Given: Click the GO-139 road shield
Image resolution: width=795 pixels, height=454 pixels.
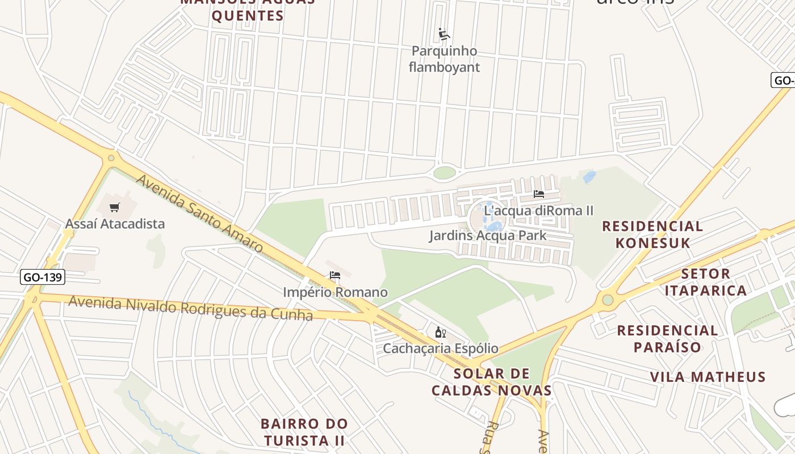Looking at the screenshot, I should tap(43, 278).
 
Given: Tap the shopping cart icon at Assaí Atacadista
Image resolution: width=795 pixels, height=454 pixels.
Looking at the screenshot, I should tap(115, 208).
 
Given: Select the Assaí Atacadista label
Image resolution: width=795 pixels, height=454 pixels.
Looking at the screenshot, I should tap(115, 224).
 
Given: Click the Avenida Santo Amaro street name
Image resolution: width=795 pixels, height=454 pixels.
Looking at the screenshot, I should tap(199, 213).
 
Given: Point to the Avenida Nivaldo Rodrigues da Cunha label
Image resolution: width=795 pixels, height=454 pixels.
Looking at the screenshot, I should tap(190, 308).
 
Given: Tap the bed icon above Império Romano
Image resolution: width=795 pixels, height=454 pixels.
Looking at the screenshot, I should tap(335, 276).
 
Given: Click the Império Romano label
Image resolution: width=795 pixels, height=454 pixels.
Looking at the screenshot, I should tap(335, 292).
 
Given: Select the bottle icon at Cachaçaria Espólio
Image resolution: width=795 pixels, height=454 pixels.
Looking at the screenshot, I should tap(440, 332).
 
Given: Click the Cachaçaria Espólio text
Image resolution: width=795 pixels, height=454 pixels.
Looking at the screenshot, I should tap(440, 348).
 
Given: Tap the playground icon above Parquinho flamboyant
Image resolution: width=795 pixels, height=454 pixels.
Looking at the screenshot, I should tap(444, 35).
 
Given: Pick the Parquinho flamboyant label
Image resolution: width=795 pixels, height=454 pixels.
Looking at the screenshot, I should tap(444, 59).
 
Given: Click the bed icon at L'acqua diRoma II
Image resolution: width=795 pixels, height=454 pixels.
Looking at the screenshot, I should tap(539, 194).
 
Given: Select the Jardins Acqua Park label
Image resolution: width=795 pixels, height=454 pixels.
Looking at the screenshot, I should tap(488, 235).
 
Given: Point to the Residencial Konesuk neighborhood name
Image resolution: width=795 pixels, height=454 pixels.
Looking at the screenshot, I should tap(652, 234).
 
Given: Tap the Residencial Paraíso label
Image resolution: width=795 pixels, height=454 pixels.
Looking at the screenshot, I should tap(667, 338).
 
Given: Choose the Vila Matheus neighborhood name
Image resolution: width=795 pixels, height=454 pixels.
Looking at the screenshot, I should tap(708, 377).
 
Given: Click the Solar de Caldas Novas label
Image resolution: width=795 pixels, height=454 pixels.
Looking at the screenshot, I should tap(492, 382).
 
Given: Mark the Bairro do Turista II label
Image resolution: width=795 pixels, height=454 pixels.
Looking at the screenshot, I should tap(304, 432).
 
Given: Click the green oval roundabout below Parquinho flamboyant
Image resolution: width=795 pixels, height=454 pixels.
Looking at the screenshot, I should tap(445, 172).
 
